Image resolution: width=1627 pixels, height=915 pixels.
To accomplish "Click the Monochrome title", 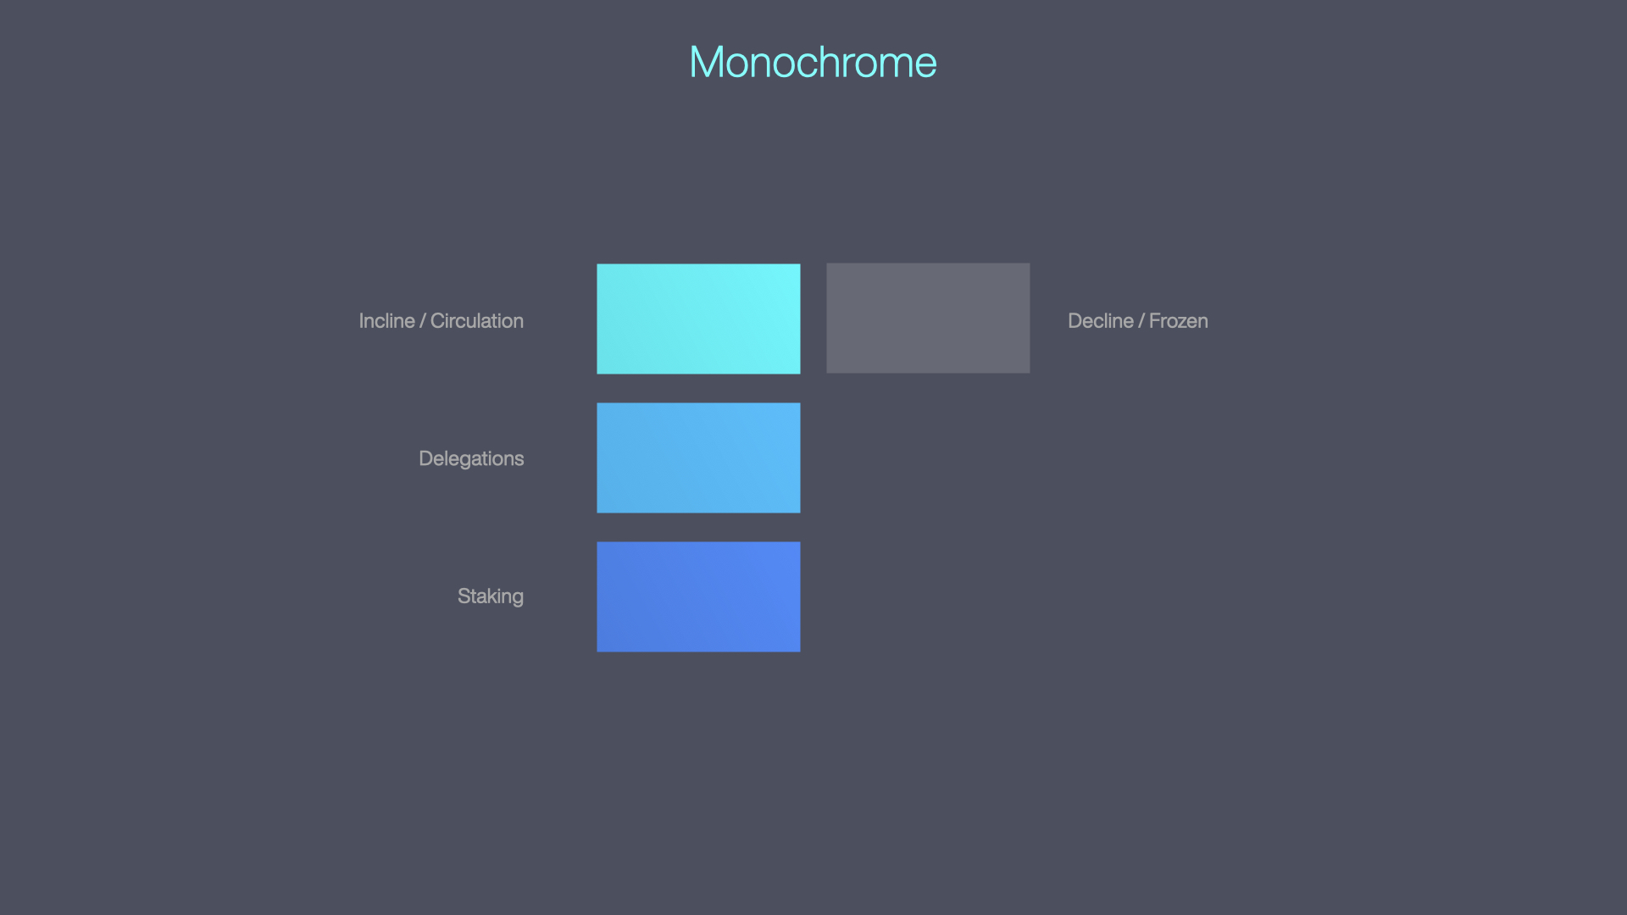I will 813,63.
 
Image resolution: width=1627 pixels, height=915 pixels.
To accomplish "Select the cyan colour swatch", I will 698,319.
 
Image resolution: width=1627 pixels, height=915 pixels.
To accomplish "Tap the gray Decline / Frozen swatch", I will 928,318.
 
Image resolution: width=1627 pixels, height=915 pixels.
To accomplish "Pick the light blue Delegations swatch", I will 698,457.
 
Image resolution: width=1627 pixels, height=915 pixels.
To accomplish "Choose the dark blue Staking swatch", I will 698,596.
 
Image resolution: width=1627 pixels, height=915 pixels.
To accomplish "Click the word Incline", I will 386,321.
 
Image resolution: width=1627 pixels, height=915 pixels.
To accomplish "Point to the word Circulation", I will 477,321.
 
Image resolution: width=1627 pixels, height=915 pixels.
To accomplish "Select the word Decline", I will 1100,321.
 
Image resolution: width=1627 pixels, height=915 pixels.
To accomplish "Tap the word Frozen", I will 1178,321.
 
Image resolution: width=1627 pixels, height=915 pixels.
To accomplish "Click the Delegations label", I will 471,458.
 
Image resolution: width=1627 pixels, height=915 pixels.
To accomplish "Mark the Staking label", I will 491,596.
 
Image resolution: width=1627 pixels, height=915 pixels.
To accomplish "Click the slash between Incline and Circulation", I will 423,321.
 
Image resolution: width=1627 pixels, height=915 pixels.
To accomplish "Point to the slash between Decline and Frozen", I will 1141,321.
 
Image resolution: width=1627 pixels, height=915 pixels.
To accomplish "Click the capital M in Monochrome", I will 708,63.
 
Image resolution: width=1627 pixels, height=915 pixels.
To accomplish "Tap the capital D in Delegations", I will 425,458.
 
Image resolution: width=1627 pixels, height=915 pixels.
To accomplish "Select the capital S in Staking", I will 464,596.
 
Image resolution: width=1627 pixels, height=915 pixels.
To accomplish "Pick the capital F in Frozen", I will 1154,321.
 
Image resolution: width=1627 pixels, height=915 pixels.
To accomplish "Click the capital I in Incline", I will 361,321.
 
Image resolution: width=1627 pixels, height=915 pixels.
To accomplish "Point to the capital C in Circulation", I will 437,321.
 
